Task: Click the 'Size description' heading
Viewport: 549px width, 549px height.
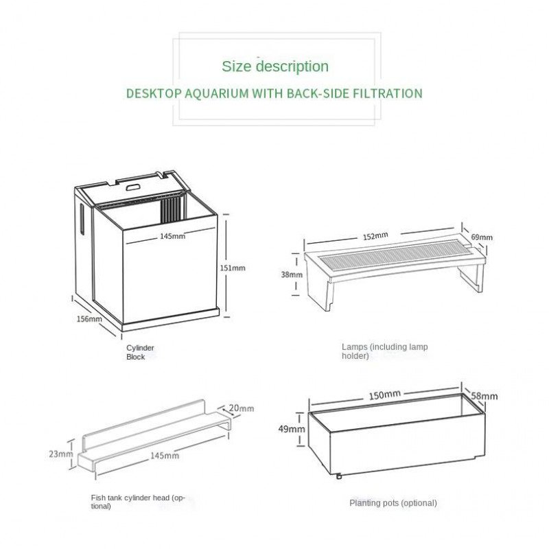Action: pyautogui.click(x=275, y=66)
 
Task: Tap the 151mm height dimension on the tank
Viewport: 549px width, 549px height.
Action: pyautogui.click(x=233, y=268)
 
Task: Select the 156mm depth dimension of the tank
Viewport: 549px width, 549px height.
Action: pyautogui.click(x=89, y=318)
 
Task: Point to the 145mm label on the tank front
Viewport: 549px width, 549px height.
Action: pyautogui.click(x=173, y=236)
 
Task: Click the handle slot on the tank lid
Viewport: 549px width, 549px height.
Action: pyautogui.click(x=132, y=187)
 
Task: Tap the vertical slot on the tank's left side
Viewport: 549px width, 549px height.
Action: pyautogui.click(x=82, y=218)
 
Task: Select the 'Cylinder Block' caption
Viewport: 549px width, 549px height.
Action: pyautogui.click(x=140, y=352)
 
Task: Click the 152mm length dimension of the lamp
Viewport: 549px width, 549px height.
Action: pyautogui.click(x=375, y=236)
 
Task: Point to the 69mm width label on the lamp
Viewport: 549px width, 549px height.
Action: pyautogui.click(x=482, y=237)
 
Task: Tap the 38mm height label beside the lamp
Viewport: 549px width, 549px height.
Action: pyautogui.click(x=292, y=274)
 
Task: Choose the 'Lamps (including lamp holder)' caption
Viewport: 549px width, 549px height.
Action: pyautogui.click(x=385, y=351)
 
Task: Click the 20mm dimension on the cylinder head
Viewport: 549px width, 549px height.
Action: pyautogui.click(x=242, y=408)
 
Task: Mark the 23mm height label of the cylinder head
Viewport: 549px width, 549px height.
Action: pyautogui.click(x=61, y=454)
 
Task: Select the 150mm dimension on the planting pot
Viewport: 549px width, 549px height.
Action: pyautogui.click(x=384, y=395)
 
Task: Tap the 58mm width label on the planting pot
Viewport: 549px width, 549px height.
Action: pyautogui.click(x=484, y=396)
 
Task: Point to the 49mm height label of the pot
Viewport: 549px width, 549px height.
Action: pyautogui.click(x=292, y=428)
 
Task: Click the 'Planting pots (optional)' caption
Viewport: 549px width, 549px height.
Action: pyautogui.click(x=393, y=503)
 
